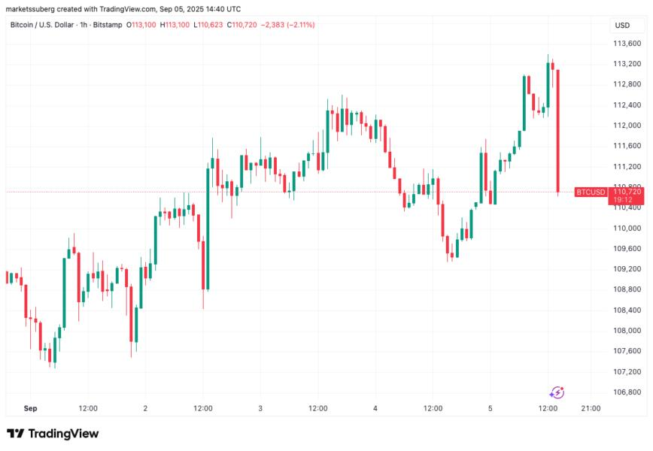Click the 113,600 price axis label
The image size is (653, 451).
(627, 43)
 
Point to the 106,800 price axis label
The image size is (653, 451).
(627, 392)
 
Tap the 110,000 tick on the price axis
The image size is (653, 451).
(627, 228)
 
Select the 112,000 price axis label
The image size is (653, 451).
(627, 125)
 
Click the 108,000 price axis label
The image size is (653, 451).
(627, 331)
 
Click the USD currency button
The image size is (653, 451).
(622, 26)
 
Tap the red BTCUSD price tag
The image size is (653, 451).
(590, 192)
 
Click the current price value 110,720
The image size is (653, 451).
(627, 192)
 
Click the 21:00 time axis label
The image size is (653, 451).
(591, 408)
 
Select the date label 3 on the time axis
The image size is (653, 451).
(260, 408)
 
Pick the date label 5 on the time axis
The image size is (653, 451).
(490, 408)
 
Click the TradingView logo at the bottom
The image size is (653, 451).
(53, 434)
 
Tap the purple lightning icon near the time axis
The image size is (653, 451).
(557, 392)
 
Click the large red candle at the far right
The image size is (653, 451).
(557, 131)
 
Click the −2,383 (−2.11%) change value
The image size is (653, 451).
(287, 25)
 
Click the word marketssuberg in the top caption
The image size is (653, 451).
(34, 8)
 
